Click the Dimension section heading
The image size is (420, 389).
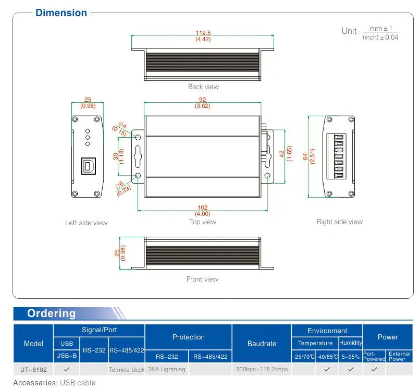pos(61,13)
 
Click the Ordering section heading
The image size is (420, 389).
pos(51,313)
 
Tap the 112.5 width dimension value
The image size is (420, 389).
pos(203,33)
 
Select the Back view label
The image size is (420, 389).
pos(203,87)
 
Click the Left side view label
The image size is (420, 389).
pos(86,223)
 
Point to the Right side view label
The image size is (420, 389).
pos(339,222)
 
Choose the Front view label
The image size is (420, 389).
pos(203,279)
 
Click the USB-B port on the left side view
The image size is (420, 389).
pos(88,166)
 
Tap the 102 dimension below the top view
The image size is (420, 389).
pos(203,207)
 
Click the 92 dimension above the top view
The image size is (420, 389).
pos(203,100)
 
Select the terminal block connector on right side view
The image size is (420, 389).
pos(338,156)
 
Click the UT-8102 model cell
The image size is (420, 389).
pos(33,369)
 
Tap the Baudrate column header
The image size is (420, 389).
pos(262,344)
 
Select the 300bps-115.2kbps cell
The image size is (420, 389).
pos(262,369)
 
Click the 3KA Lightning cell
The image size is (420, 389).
pos(166,369)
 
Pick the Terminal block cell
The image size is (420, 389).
pos(126,370)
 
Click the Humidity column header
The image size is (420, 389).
pos(351,343)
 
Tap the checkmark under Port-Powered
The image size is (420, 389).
pos(374,369)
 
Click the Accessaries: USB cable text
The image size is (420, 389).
pos(55,383)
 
